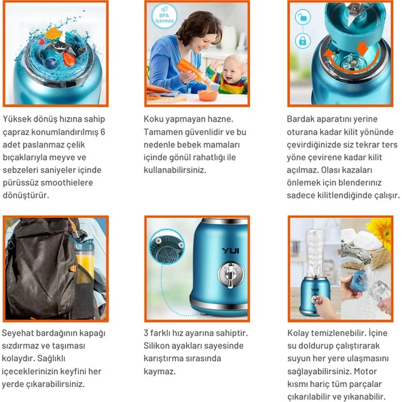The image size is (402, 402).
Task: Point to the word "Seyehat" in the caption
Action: pyautogui.click(x=22, y=333)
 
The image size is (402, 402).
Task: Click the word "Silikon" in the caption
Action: pyautogui.click(x=158, y=346)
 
